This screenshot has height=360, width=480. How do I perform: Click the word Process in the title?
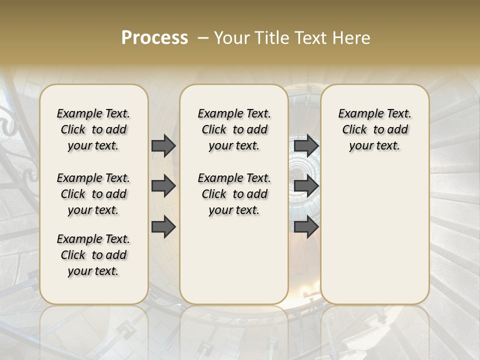click(x=154, y=38)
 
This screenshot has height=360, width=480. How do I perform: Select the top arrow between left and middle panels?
click(x=163, y=145)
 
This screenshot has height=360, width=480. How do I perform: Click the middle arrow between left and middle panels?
click(x=163, y=186)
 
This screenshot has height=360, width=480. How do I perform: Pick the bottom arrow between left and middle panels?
click(x=163, y=227)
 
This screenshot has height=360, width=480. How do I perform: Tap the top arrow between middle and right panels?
click(x=306, y=145)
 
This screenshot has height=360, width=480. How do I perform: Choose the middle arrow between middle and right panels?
click(x=306, y=186)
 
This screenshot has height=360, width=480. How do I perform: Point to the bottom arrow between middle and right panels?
click(x=306, y=227)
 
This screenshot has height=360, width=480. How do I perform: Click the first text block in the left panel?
click(x=93, y=129)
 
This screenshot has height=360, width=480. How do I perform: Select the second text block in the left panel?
click(x=93, y=194)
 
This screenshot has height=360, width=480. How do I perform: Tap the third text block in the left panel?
click(x=93, y=255)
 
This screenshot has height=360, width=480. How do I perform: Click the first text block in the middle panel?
click(x=234, y=129)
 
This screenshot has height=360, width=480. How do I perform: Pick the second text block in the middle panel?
click(x=234, y=194)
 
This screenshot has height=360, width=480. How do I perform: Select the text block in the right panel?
click(x=374, y=129)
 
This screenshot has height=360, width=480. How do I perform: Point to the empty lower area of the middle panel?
click(x=234, y=260)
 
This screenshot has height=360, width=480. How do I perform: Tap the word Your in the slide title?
click(x=233, y=38)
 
